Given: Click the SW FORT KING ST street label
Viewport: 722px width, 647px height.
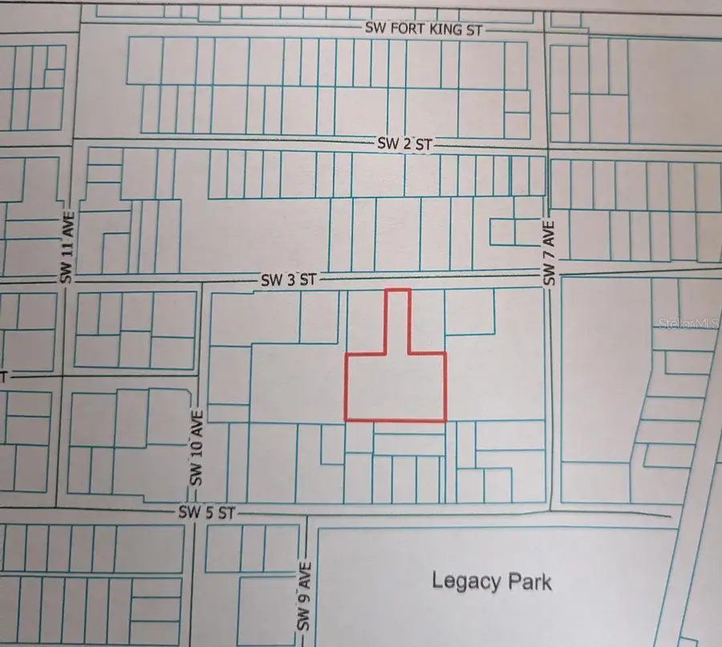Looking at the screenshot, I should (424, 29).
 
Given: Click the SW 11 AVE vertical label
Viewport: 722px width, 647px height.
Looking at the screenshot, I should (67, 247).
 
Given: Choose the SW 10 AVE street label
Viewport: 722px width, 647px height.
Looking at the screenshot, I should (197, 447).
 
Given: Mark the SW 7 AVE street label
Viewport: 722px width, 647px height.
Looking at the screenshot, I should (550, 253).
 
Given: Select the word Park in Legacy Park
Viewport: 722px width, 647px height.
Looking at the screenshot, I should (528, 580).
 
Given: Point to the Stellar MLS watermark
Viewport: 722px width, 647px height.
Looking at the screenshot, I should (688, 324).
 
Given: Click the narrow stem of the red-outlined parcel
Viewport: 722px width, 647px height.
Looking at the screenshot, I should (398, 320).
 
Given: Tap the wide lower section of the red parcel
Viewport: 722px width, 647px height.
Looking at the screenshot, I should (395, 386).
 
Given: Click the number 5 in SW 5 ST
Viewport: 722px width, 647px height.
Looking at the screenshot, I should (209, 512).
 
